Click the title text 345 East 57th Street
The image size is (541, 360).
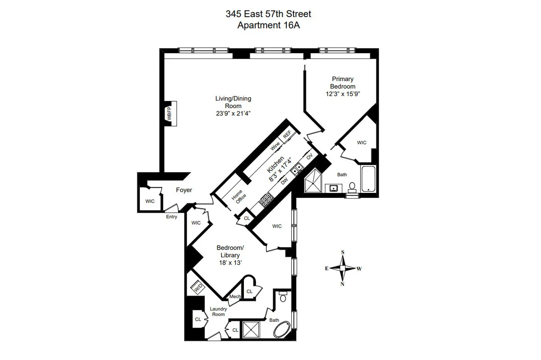[x=268, y=14]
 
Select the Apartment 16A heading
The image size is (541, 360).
[x=268, y=25]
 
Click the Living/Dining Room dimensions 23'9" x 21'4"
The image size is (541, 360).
[x=233, y=114]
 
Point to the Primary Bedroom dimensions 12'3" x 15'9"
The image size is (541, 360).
[x=343, y=94]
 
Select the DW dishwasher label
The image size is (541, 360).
[x=284, y=181]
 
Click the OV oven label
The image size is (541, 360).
[x=309, y=157]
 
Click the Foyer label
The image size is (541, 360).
[x=183, y=190]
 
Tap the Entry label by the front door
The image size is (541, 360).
[x=172, y=217]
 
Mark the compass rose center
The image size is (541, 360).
[x=343, y=268]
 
